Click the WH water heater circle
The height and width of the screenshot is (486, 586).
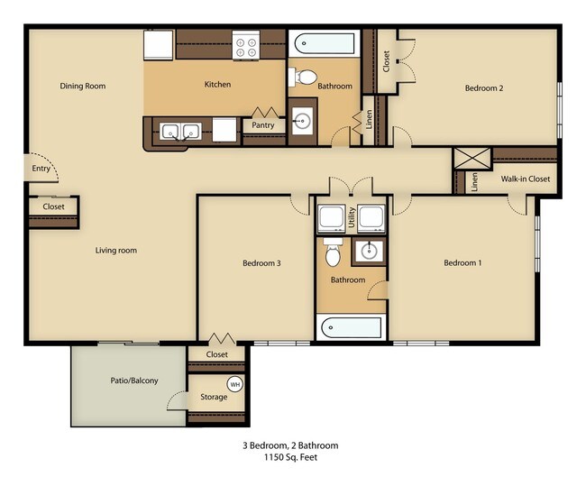tap(235, 384)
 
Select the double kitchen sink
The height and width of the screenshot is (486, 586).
tap(179, 132)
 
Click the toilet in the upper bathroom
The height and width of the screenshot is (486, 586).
tap(303, 77)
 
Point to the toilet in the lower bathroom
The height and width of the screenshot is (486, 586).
tap(333, 252)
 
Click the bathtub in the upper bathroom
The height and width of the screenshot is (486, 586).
tap(324, 44)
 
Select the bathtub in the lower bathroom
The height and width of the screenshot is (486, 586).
tap(352, 327)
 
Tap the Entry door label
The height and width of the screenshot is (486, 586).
tap(41, 169)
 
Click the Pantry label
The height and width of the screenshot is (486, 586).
tap(263, 125)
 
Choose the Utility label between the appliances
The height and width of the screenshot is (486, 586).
tap(352, 217)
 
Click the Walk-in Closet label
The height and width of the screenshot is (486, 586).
tap(526, 179)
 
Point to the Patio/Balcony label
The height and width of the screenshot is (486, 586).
tap(134, 381)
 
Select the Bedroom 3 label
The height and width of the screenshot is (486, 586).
tap(261, 262)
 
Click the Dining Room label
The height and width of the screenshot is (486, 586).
tap(83, 86)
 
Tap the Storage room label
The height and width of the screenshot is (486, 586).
tap(214, 397)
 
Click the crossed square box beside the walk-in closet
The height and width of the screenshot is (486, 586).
tap(472, 158)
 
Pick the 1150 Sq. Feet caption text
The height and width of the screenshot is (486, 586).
tap(291, 457)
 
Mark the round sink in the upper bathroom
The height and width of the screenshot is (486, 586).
tap(301, 121)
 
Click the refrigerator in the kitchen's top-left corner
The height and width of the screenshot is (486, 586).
tap(159, 45)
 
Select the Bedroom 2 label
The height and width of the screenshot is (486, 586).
tap(484, 88)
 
